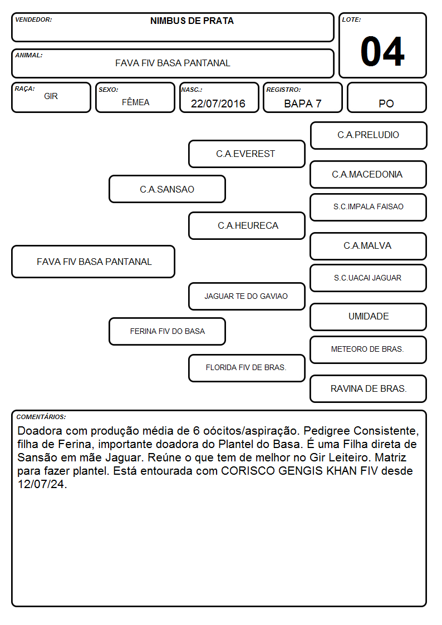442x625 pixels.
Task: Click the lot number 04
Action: click(382, 51)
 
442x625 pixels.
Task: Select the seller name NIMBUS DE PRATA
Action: click(191, 21)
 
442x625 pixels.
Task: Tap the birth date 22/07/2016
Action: click(218, 104)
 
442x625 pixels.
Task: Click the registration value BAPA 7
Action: click(302, 104)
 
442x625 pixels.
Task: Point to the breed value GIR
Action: click(51, 96)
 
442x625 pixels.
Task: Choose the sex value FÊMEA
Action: click(135, 102)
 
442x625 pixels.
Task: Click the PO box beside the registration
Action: click(386, 97)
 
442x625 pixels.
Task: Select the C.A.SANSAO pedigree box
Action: click(167, 189)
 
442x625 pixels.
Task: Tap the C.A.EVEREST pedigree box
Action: click(247, 154)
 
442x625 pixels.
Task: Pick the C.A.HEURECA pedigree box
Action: click(247, 225)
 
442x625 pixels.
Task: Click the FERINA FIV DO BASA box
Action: click(167, 331)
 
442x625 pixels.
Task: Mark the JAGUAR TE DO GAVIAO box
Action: click(247, 296)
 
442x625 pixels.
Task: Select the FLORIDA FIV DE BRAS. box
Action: click(247, 368)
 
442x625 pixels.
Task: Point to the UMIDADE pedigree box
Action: click(369, 317)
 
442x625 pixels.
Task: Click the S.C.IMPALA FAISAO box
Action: click(369, 207)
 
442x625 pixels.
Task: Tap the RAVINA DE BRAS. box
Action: click(369, 388)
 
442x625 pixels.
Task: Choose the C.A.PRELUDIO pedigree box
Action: click(369, 136)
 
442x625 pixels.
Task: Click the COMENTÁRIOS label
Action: click(41, 417)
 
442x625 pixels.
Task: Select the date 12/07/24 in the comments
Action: click(42, 484)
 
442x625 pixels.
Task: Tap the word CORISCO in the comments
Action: click(248, 471)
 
